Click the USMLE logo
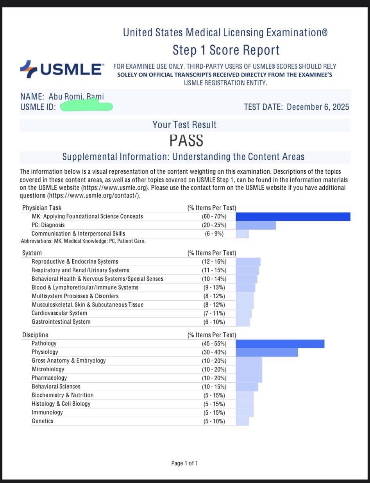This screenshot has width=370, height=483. pos(62,70)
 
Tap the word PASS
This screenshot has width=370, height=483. pos(186,140)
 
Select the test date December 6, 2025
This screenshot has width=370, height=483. pos(318,107)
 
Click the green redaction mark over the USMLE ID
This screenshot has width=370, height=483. pos(87,105)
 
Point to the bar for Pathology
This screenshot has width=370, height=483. pos(280,344)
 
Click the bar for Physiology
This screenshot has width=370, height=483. pos(267,352)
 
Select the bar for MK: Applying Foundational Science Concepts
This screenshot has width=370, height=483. pos(293,216)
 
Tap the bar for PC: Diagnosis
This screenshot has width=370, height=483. pos(256,225)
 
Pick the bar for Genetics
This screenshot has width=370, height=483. pos(242,421)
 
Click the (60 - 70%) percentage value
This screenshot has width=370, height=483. pos(212,216)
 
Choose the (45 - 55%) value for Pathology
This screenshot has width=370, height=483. pos(212,344)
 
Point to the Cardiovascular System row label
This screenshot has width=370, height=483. pos(59,313)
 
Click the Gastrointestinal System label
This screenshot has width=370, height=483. pos(61,322)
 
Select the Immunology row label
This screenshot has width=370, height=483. pos(47,412)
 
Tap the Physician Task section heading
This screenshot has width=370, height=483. pos(42,208)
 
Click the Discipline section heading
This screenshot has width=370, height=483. pos(35,335)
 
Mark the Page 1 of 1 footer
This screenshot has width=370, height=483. pos(184,463)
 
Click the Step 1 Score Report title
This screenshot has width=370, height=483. pos(226,50)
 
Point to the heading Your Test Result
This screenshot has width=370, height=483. pos(184,125)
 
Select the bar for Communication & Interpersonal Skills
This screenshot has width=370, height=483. pos(242,233)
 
